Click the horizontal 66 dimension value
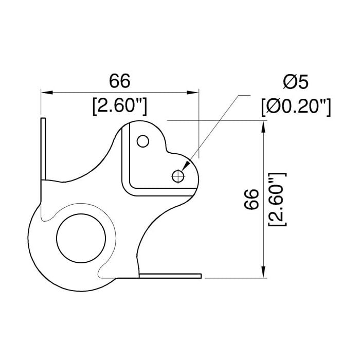pos(119,81)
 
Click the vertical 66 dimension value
pos(251,199)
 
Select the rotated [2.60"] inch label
pos(277,200)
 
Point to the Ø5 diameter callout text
pos(296,82)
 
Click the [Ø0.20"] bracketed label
pos(296,107)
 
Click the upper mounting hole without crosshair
pos(143,141)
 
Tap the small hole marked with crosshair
pos(178,176)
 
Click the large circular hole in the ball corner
pos(81,238)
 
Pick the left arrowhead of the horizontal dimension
pos(47,93)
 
